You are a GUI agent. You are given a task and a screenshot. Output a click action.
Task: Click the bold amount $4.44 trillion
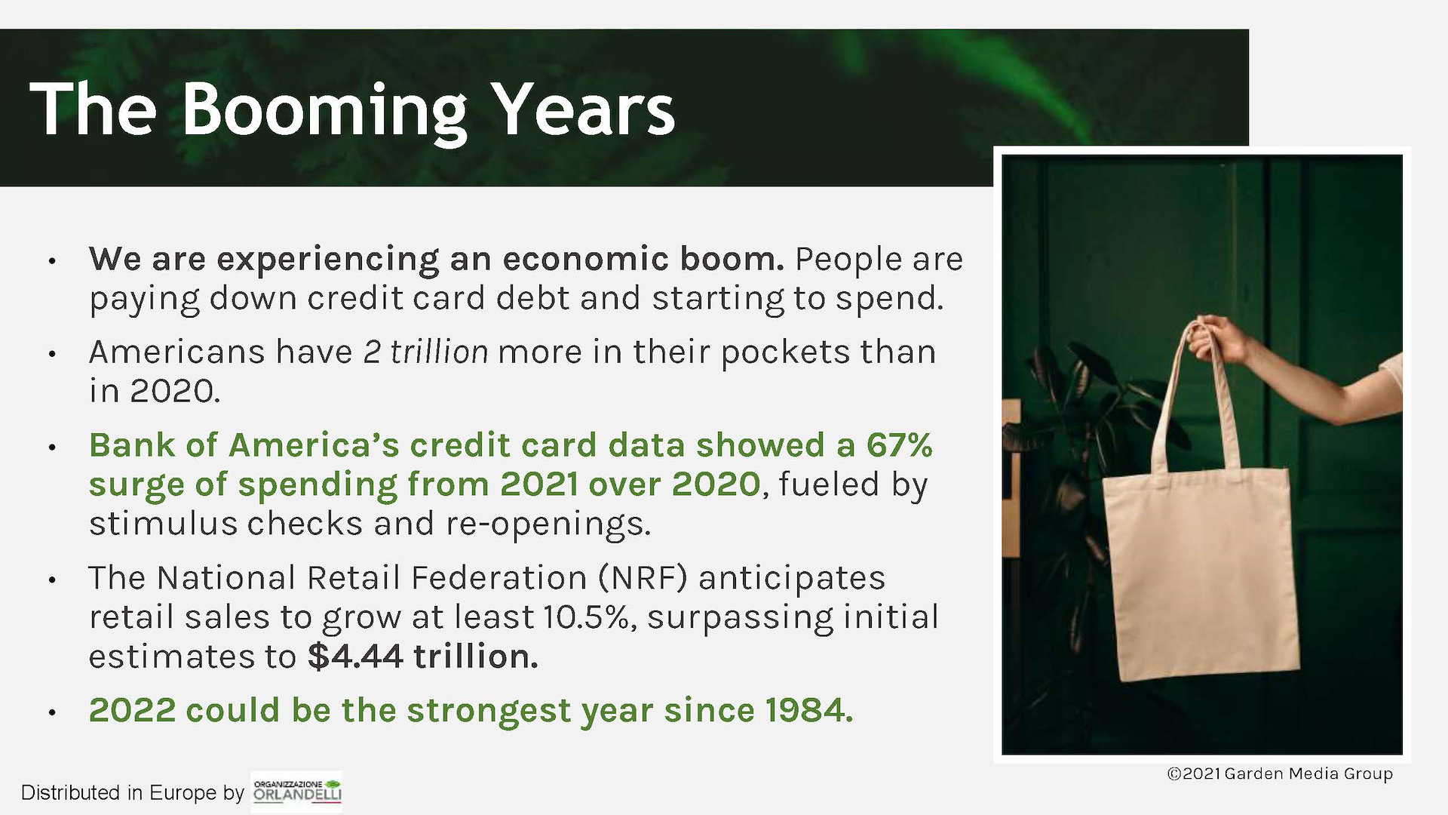coord(423,657)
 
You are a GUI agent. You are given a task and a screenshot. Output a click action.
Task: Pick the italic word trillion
coord(439,352)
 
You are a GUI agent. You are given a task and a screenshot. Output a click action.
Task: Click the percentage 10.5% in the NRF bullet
coord(585,617)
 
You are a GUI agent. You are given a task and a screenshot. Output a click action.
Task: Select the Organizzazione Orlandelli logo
coord(297,791)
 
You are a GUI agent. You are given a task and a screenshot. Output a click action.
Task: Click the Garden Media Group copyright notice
coord(1279,774)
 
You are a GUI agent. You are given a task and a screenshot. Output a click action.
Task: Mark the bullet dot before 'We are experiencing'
coord(51,261)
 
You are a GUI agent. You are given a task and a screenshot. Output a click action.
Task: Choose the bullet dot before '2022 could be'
coord(51,712)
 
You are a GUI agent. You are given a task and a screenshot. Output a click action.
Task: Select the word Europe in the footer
coord(183,792)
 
